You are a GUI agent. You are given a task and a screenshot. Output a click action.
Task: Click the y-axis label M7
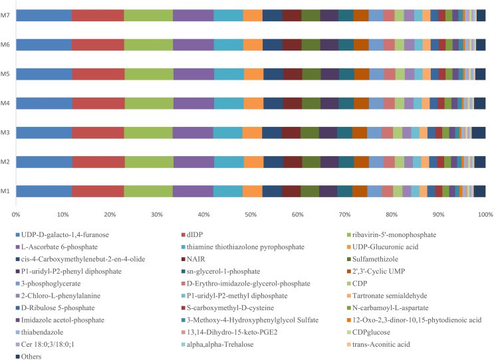point(5,16)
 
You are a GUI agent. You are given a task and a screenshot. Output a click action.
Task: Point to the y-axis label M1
point(5,192)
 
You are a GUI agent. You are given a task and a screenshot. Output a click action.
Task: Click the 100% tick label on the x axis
point(484,215)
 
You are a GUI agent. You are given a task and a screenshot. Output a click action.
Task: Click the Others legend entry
point(31,356)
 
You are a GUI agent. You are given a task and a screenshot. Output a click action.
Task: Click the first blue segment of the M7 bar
point(44,15)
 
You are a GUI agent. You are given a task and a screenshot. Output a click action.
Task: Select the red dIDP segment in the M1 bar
point(98,191)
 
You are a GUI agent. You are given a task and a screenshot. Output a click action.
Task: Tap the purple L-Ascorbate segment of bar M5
point(193,74)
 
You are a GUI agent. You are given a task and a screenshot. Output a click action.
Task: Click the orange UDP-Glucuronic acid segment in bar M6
point(253,45)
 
